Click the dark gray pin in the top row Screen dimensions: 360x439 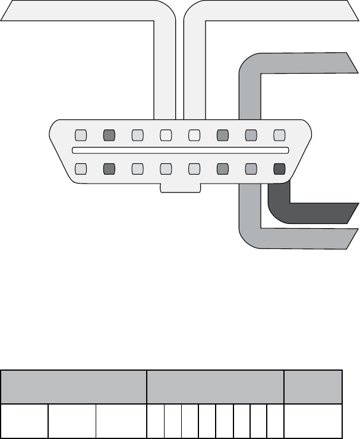pos(109,135)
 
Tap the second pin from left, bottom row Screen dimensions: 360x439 pos(109,169)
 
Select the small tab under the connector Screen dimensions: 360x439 pos(181,188)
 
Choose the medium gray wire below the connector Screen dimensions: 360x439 pos(297,238)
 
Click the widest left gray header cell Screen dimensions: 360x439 pos(74,387)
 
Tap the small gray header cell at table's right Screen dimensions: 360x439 pos(313,387)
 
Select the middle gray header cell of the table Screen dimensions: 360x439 pos(215,387)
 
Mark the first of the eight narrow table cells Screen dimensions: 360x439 pos(156,421)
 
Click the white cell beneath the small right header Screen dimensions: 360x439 pos(313,421)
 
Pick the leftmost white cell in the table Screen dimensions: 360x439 pos(24,421)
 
